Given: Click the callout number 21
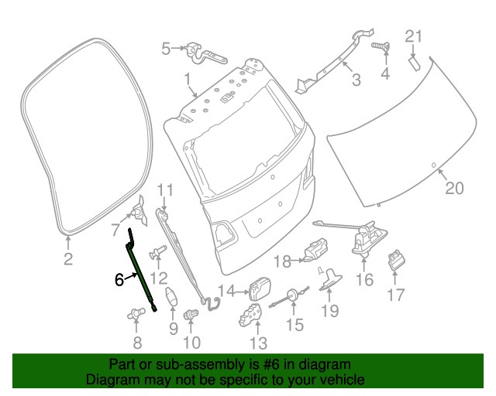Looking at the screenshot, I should pos(415,36).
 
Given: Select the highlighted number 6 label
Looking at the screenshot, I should pos(119,280).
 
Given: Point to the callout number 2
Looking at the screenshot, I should pos(67,259).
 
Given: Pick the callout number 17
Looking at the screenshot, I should pos(395,294).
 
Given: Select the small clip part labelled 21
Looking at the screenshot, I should pos(415,62).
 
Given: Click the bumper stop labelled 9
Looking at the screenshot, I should pos(173,298).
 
